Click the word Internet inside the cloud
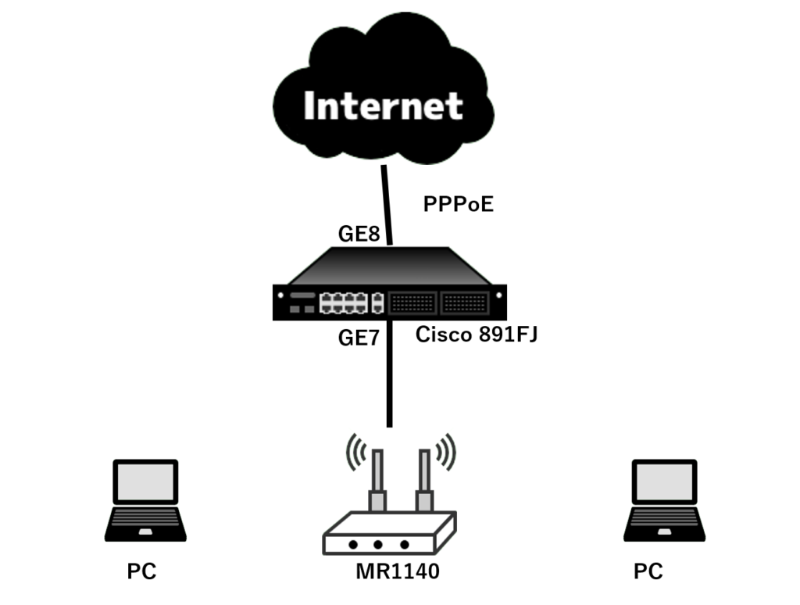click(383, 106)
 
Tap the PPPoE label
click(458, 204)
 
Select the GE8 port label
click(359, 234)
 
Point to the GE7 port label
click(359, 338)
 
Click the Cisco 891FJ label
click(477, 335)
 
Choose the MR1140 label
click(398, 571)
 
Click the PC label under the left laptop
click(141, 571)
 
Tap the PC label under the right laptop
click(648, 571)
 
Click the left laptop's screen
click(145, 482)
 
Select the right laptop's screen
click(664, 482)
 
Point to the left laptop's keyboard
click(145, 517)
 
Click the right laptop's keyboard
click(664, 517)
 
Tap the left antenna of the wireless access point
click(377, 480)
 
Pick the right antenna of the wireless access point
click(424, 480)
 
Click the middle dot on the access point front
click(377, 545)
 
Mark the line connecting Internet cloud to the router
click(387, 205)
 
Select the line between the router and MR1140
click(389, 373)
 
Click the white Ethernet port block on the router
click(344, 302)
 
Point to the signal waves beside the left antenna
click(356, 452)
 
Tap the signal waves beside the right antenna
click(445, 452)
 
